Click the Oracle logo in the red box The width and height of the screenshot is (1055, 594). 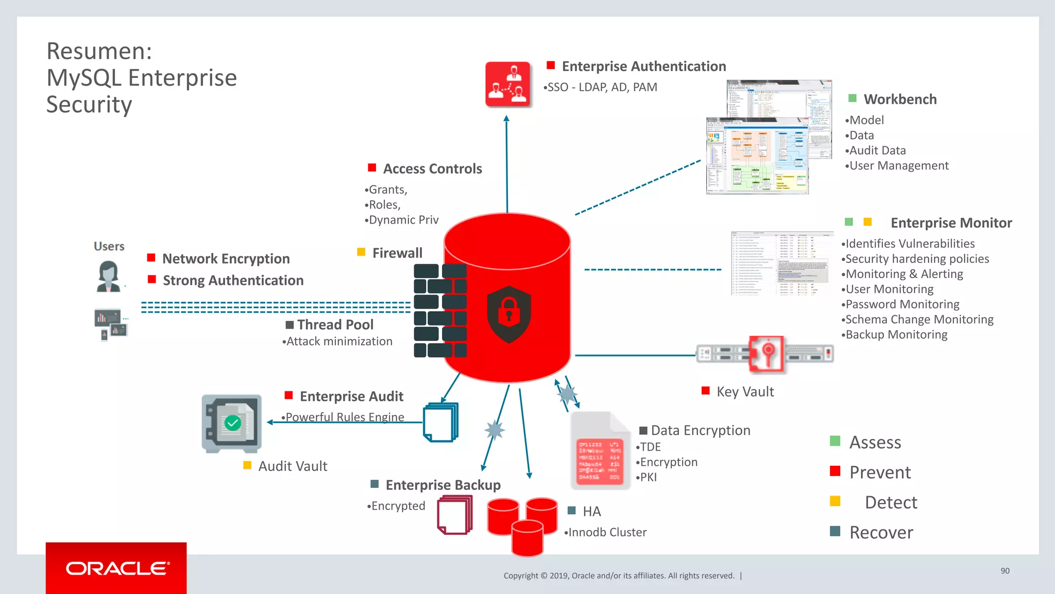[117, 568]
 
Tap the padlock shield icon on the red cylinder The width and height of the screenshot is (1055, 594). [509, 314]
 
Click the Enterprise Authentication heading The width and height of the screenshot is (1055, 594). [643, 66]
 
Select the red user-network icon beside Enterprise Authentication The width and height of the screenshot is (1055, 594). [508, 84]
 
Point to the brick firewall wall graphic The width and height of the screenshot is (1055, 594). [440, 311]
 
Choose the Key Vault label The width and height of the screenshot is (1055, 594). [745, 392]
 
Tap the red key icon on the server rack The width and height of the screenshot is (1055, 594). [767, 354]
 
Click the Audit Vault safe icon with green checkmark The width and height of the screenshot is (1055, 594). [232, 423]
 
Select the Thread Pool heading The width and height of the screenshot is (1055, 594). [335, 325]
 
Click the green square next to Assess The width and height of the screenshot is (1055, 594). [835, 441]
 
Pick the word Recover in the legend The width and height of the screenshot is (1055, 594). [881, 533]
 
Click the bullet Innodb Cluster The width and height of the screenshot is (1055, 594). [606, 532]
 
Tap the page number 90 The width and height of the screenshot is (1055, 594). [1005, 571]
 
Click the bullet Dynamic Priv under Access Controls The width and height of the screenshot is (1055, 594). [403, 220]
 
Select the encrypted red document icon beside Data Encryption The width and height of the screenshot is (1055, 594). [600, 452]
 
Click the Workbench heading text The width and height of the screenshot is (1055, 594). [900, 99]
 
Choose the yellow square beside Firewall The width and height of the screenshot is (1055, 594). [361, 252]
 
